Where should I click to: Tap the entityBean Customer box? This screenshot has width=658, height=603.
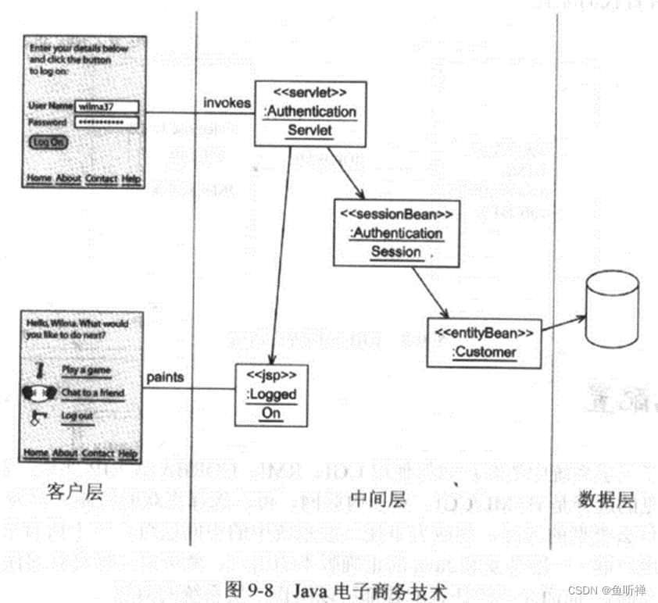[484, 342]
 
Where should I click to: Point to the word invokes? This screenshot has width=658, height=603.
[227, 102]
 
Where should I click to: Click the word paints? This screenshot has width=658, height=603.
[165, 377]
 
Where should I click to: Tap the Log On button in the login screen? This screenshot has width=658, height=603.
[48, 142]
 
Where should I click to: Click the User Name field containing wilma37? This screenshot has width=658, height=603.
[106, 105]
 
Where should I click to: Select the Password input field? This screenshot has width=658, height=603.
[106, 123]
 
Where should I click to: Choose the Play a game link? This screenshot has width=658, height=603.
[86, 370]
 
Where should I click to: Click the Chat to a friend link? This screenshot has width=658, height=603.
[92, 393]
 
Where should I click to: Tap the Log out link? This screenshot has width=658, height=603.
[77, 416]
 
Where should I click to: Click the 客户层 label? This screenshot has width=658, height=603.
[75, 493]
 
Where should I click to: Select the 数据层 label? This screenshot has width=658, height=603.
[607, 501]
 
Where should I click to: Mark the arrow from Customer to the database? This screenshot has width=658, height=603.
[563, 323]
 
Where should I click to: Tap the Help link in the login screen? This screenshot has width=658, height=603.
[131, 179]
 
